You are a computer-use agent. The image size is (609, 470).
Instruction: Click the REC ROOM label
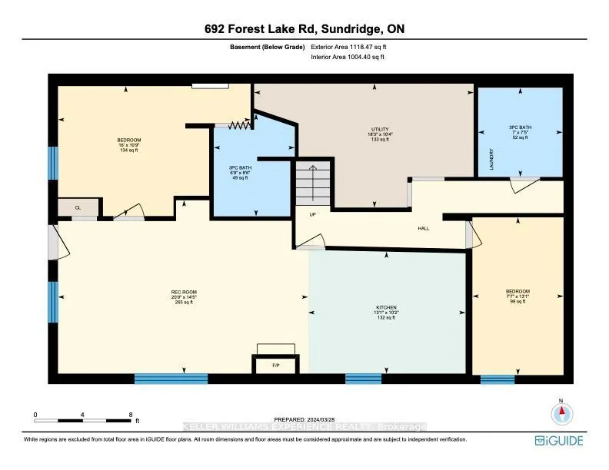(184, 292)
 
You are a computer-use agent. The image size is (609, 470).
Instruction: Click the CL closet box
(77, 207)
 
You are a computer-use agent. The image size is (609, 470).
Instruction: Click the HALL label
(423, 229)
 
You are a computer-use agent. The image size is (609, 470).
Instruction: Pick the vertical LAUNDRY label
(491, 160)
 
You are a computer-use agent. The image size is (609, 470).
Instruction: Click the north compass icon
(561, 412)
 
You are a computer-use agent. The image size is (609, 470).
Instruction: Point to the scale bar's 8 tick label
(131, 414)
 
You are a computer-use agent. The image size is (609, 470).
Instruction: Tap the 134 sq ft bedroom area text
(128, 151)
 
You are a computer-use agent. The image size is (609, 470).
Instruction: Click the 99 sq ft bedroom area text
(517, 303)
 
